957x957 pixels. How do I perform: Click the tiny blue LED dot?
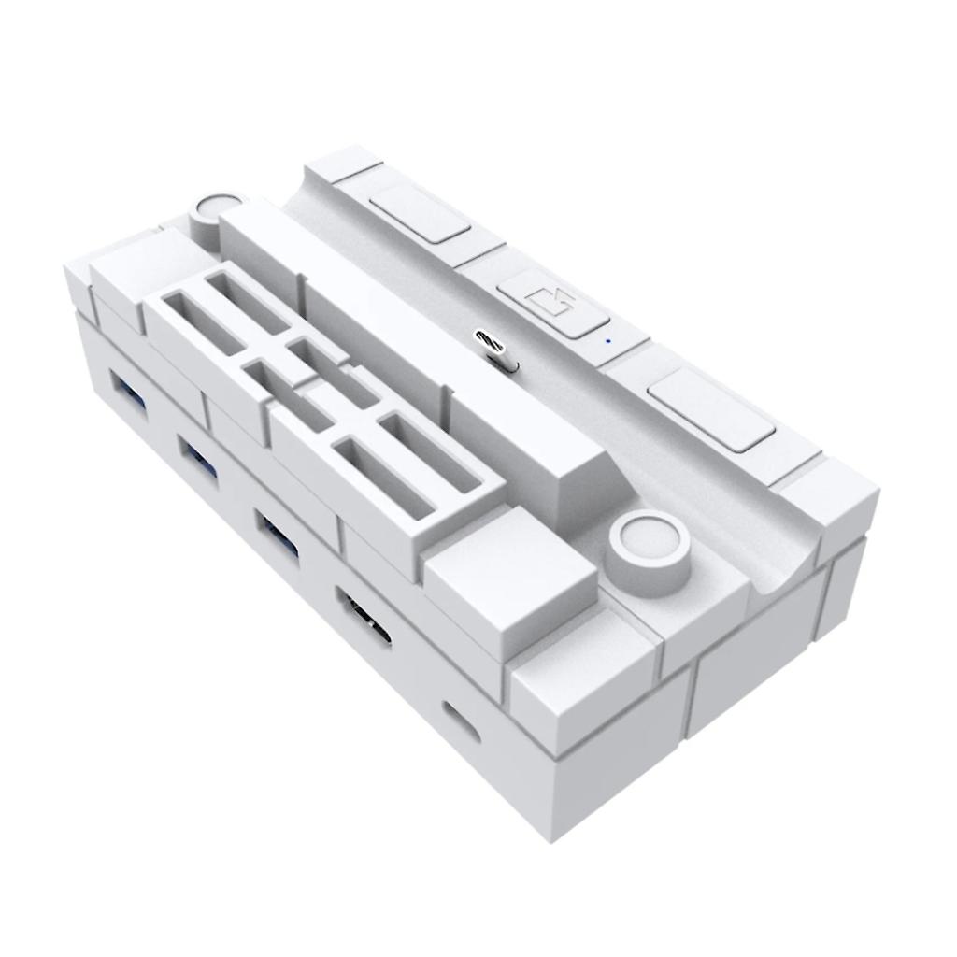608,341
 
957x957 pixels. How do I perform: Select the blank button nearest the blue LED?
710,410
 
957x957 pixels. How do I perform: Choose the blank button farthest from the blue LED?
420,213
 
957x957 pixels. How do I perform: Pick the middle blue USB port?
200,459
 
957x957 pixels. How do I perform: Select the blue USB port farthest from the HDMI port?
126,389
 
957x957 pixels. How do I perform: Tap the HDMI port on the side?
364,616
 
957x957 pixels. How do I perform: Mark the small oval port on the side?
460,718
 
